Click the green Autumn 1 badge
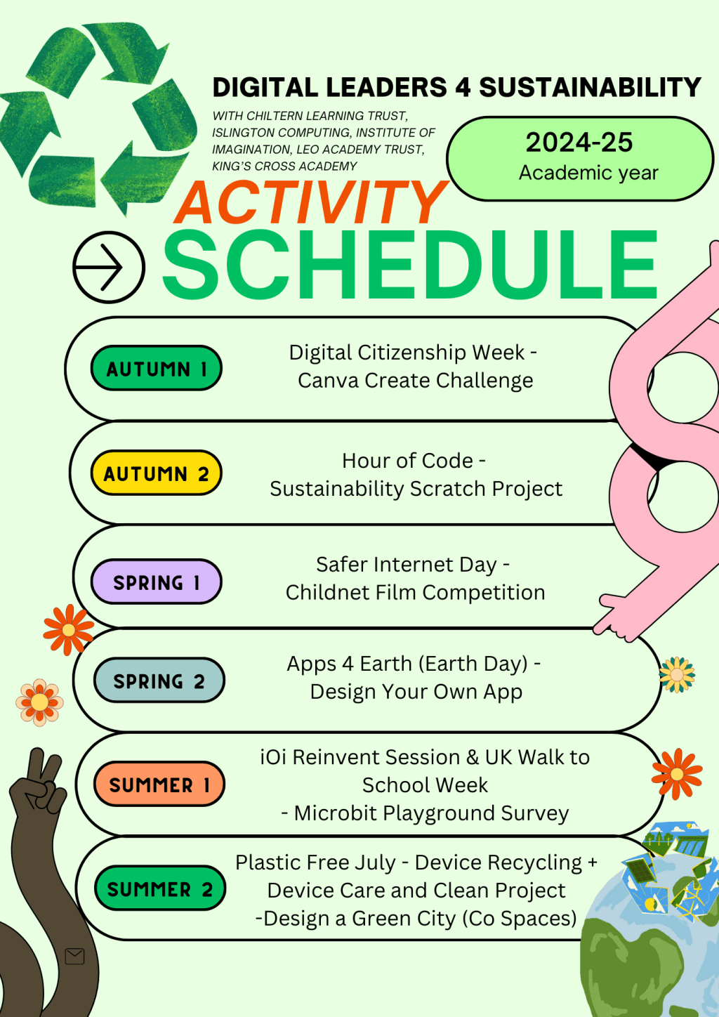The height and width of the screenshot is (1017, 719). tap(156, 368)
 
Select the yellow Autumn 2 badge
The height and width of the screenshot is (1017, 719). tap(156, 473)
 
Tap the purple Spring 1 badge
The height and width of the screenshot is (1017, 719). tap(156, 582)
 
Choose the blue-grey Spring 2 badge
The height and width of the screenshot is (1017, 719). tap(159, 680)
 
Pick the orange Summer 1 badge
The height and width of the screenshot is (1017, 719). tap(159, 784)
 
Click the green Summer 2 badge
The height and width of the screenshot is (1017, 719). tap(160, 888)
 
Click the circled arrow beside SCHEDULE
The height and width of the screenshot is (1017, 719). tap(109, 268)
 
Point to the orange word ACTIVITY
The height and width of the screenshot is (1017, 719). tap(311, 202)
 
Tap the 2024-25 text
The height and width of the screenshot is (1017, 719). tap(579, 142)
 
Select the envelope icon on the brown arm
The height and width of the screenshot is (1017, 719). tap(74, 956)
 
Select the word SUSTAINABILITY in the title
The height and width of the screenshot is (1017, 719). tap(590, 86)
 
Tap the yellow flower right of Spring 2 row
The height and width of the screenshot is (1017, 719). tap(677, 674)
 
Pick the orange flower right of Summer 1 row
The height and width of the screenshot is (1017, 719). tap(677, 774)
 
